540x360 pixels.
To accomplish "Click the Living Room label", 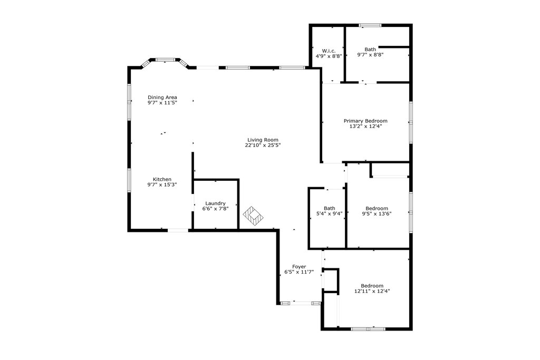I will click(x=262, y=140).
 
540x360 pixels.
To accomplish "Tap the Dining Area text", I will click(x=162, y=97).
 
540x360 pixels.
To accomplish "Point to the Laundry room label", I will click(x=215, y=203).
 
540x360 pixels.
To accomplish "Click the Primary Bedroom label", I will click(x=365, y=121).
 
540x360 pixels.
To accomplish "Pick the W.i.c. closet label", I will click(x=329, y=51).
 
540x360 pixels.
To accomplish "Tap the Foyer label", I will click(x=299, y=267).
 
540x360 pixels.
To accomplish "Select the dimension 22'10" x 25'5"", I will click(x=262, y=145).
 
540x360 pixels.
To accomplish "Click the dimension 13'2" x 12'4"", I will click(x=365, y=126).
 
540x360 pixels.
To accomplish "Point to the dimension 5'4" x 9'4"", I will click(x=329, y=213).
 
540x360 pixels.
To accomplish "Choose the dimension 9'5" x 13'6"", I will click(x=377, y=213).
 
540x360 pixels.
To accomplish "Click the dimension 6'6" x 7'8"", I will click(x=215, y=209).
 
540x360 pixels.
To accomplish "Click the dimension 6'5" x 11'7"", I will click(x=299, y=272).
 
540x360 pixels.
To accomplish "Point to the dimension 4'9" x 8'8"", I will click(x=329, y=56).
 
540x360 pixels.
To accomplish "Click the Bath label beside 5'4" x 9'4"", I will click(x=329, y=208).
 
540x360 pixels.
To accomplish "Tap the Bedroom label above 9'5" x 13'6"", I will click(x=377, y=208).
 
